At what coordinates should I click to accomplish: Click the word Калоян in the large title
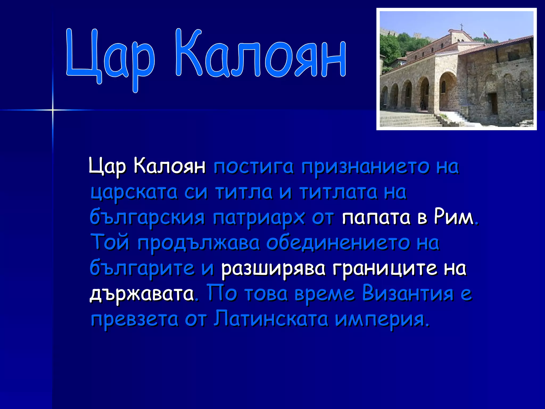point(261,55)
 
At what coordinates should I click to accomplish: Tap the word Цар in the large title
point(110,57)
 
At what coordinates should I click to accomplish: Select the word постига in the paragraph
point(253,167)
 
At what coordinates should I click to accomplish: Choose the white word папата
point(376,217)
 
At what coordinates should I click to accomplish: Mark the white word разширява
point(273,268)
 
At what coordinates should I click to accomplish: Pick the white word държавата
point(142,294)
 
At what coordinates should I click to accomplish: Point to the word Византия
point(408,294)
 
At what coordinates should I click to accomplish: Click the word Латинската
point(271,319)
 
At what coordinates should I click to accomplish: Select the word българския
point(147,218)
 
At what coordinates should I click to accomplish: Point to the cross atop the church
point(462,26)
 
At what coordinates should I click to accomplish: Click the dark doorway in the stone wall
point(493,103)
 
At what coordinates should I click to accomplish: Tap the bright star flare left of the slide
point(53,110)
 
